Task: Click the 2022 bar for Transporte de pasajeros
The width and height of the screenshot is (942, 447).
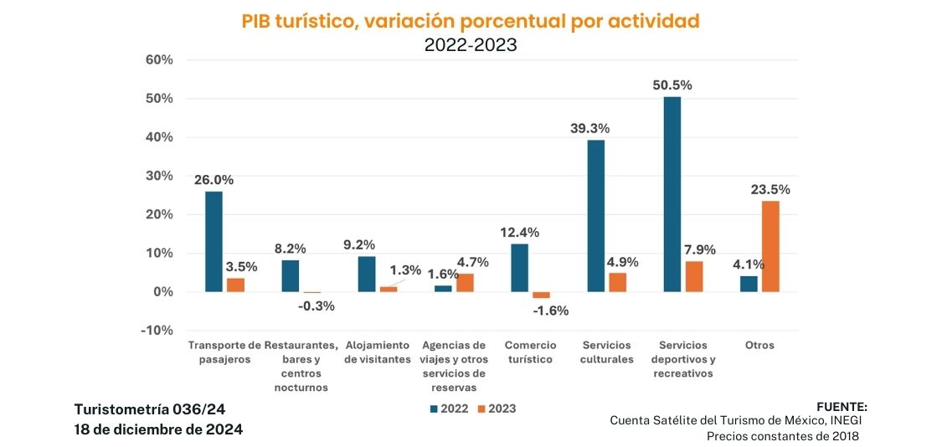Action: pos(214,241)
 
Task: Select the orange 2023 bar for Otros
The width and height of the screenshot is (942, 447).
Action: pos(770,246)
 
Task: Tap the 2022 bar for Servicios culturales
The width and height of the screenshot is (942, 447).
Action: pos(596,215)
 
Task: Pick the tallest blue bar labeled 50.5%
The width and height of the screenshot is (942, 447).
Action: pos(672,194)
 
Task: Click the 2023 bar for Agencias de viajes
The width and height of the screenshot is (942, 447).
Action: pos(465,282)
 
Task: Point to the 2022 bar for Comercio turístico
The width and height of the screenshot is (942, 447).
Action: pos(519,267)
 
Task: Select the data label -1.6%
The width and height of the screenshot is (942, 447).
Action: pos(550,311)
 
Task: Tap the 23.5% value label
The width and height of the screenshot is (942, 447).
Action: pos(770,189)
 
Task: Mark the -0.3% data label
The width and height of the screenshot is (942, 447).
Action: pos(317,306)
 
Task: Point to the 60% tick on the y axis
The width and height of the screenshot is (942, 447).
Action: pos(159,60)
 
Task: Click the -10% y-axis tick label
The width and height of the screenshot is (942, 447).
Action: pos(157,330)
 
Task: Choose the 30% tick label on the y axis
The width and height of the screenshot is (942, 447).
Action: pos(159,176)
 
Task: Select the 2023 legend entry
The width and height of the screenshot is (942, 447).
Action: pos(497,408)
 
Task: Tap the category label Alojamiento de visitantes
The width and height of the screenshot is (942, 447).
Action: pos(378,352)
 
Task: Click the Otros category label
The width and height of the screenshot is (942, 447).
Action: pos(759,345)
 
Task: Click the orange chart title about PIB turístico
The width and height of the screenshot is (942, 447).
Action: pos(471,22)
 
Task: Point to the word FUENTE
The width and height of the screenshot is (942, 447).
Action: pos(841,405)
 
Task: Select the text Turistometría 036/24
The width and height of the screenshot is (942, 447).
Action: pos(150,408)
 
